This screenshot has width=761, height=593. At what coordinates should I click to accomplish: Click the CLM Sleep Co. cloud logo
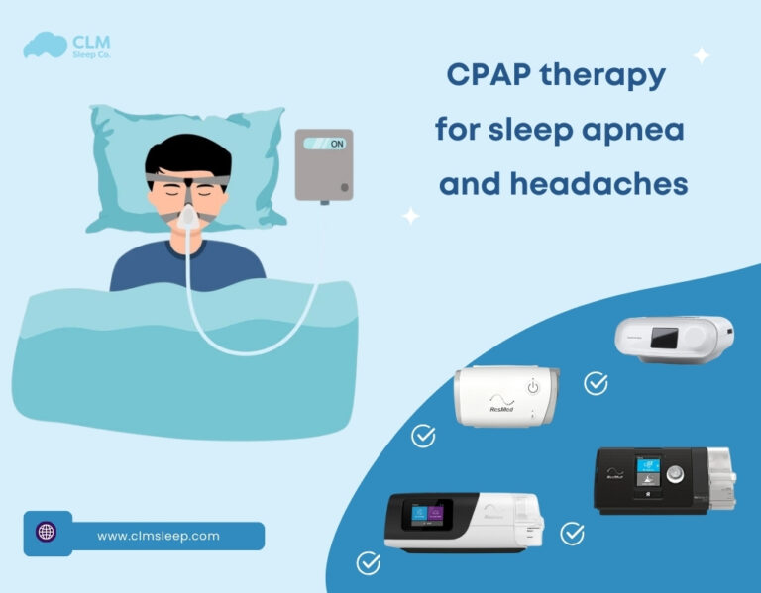[45, 45]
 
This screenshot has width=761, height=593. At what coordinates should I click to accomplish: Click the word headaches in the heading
[604, 184]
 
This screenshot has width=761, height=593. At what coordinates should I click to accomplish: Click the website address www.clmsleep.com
[159, 536]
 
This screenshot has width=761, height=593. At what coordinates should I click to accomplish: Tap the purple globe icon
[46, 532]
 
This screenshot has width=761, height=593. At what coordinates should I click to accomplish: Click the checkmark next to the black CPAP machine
[572, 534]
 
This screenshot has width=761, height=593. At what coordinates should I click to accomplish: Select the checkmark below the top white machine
[596, 383]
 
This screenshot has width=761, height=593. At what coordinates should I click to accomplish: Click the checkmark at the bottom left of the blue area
[368, 563]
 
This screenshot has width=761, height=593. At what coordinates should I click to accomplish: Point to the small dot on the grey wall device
[344, 187]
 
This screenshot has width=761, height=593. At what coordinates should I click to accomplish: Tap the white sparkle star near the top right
[701, 56]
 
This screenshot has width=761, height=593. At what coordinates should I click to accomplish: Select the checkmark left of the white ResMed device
[423, 436]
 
